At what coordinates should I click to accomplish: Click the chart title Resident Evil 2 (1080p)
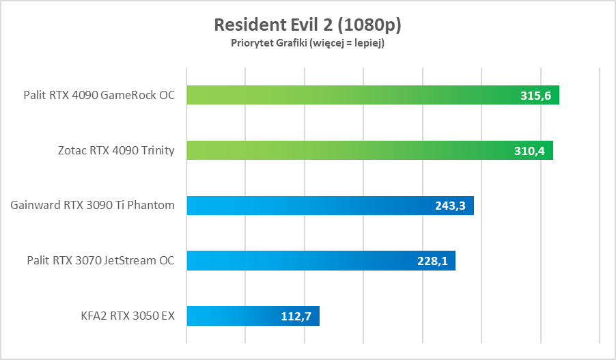tap(307, 25)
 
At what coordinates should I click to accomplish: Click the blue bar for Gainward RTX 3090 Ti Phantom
tap(307, 205)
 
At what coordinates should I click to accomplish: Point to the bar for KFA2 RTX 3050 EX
tap(232, 316)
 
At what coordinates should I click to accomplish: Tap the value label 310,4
tap(529, 151)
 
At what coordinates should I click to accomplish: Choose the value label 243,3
tap(450, 206)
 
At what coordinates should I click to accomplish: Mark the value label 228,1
tap(432, 260)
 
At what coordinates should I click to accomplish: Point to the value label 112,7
tap(296, 316)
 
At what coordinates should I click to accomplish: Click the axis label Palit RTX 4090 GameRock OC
tap(98, 96)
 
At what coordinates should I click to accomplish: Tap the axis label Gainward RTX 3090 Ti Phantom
tap(93, 205)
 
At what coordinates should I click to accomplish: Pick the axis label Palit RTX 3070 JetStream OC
tap(100, 260)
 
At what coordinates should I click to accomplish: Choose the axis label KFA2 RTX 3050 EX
tap(128, 316)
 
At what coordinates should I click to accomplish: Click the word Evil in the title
tap(303, 25)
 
